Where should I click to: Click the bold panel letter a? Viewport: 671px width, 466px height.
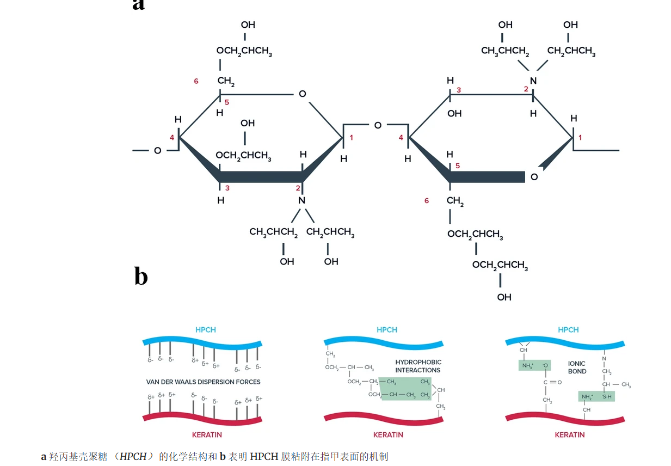pyautogui.click(x=139, y=4)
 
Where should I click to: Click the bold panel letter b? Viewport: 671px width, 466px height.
pyautogui.click(x=141, y=276)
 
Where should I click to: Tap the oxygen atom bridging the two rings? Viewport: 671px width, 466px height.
pyautogui.click(x=378, y=125)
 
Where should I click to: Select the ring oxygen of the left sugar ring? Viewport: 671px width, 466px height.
pyautogui.click(x=303, y=94)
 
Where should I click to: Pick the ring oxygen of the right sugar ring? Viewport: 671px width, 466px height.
pyautogui.click(x=534, y=177)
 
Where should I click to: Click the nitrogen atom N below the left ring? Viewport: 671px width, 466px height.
pyautogui.click(x=301, y=200)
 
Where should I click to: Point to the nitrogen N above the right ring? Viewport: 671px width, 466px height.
pyautogui.click(x=533, y=81)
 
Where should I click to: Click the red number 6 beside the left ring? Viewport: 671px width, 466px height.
pyautogui.click(x=196, y=82)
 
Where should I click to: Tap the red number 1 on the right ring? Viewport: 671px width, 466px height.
pyautogui.click(x=580, y=138)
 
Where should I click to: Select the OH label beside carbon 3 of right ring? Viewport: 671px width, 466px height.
pyautogui.click(x=454, y=114)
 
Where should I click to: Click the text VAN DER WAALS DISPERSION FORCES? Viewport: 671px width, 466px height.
pyautogui.click(x=203, y=382)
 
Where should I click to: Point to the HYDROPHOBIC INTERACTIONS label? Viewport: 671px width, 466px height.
pyautogui.click(x=418, y=366)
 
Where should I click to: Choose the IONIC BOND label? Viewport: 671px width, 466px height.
pyautogui.click(x=577, y=367)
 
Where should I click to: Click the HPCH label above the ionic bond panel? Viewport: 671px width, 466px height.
pyautogui.click(x=568, y=330)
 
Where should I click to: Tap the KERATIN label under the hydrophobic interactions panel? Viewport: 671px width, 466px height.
pyautogui.click(x=388, y=435)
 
